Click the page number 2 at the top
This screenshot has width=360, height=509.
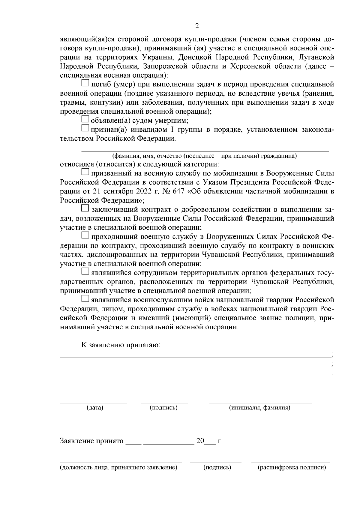[197, 26]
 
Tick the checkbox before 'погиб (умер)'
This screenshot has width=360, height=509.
[85, 83]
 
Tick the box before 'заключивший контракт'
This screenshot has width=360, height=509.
[85, 208]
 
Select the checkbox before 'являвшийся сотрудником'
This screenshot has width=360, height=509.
[85, 272]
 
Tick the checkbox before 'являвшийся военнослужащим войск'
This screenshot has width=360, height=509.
[85, 298]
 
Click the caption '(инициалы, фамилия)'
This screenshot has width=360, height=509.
[259, 408]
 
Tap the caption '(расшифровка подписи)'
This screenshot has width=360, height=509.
[292, 468]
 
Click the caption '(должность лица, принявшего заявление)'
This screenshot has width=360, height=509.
[118, 468]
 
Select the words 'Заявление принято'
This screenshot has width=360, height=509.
[92, 441]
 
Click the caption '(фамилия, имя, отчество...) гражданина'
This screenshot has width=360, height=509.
[204, 156]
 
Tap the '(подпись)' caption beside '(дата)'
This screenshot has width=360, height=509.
[163, 408]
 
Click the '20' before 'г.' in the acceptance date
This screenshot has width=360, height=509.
[200, 441]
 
